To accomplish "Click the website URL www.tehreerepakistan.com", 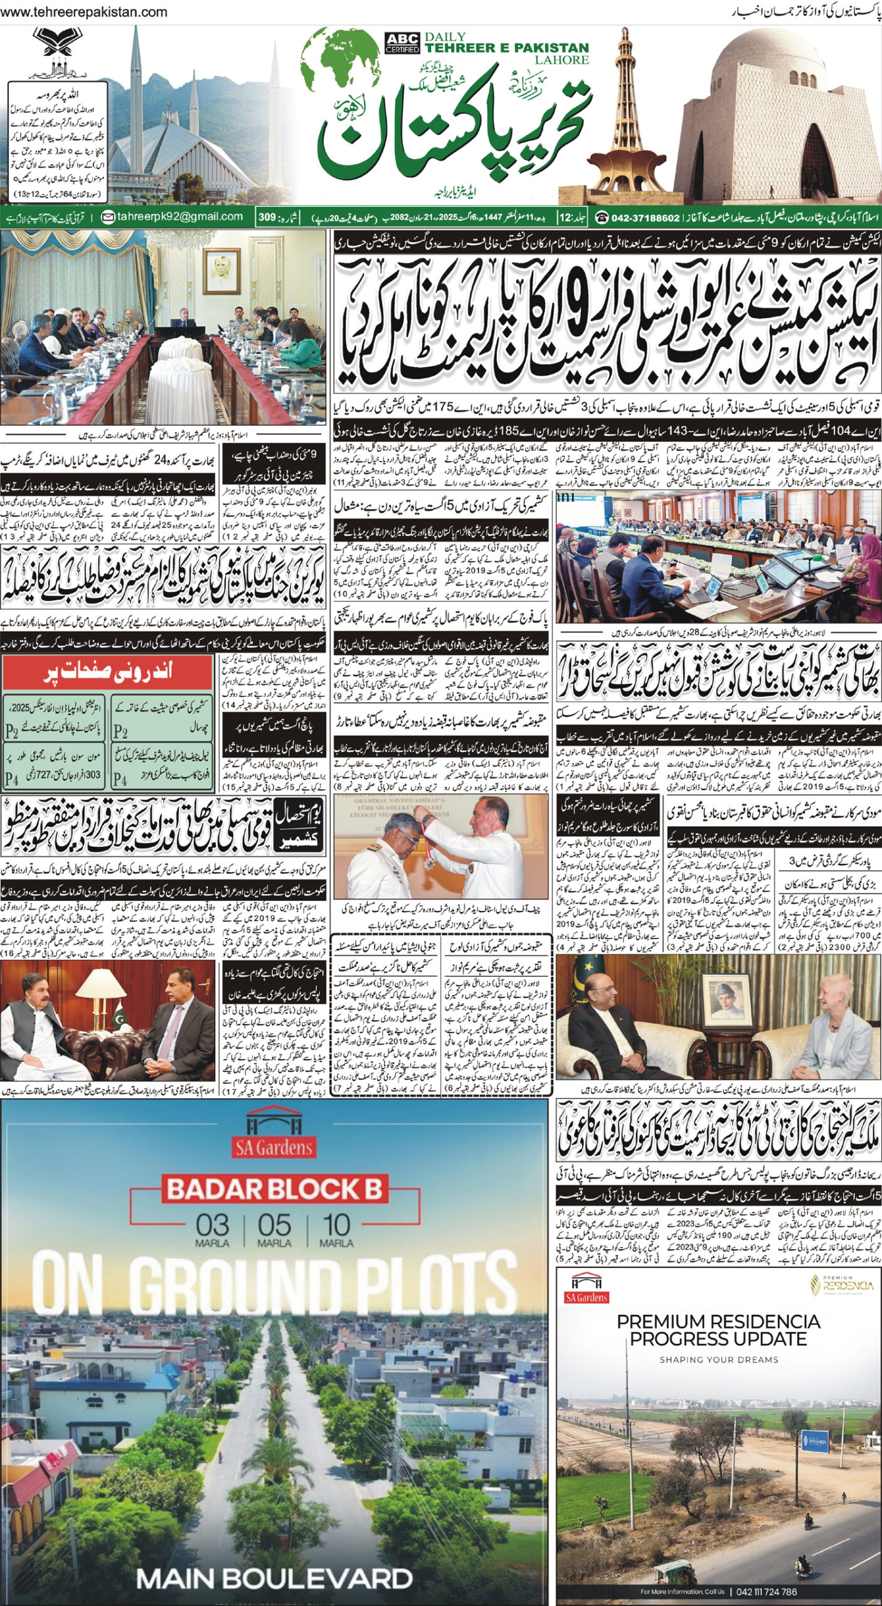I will (x=84, y=12).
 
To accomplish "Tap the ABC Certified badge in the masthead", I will (x=402, y=43).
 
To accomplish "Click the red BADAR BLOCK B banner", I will (x=275, y=1189).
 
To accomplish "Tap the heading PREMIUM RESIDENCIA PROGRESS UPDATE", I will (x=718, y=1330).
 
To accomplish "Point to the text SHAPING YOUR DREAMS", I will (x=718, y=1359).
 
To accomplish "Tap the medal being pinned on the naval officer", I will (x=428, y=863).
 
